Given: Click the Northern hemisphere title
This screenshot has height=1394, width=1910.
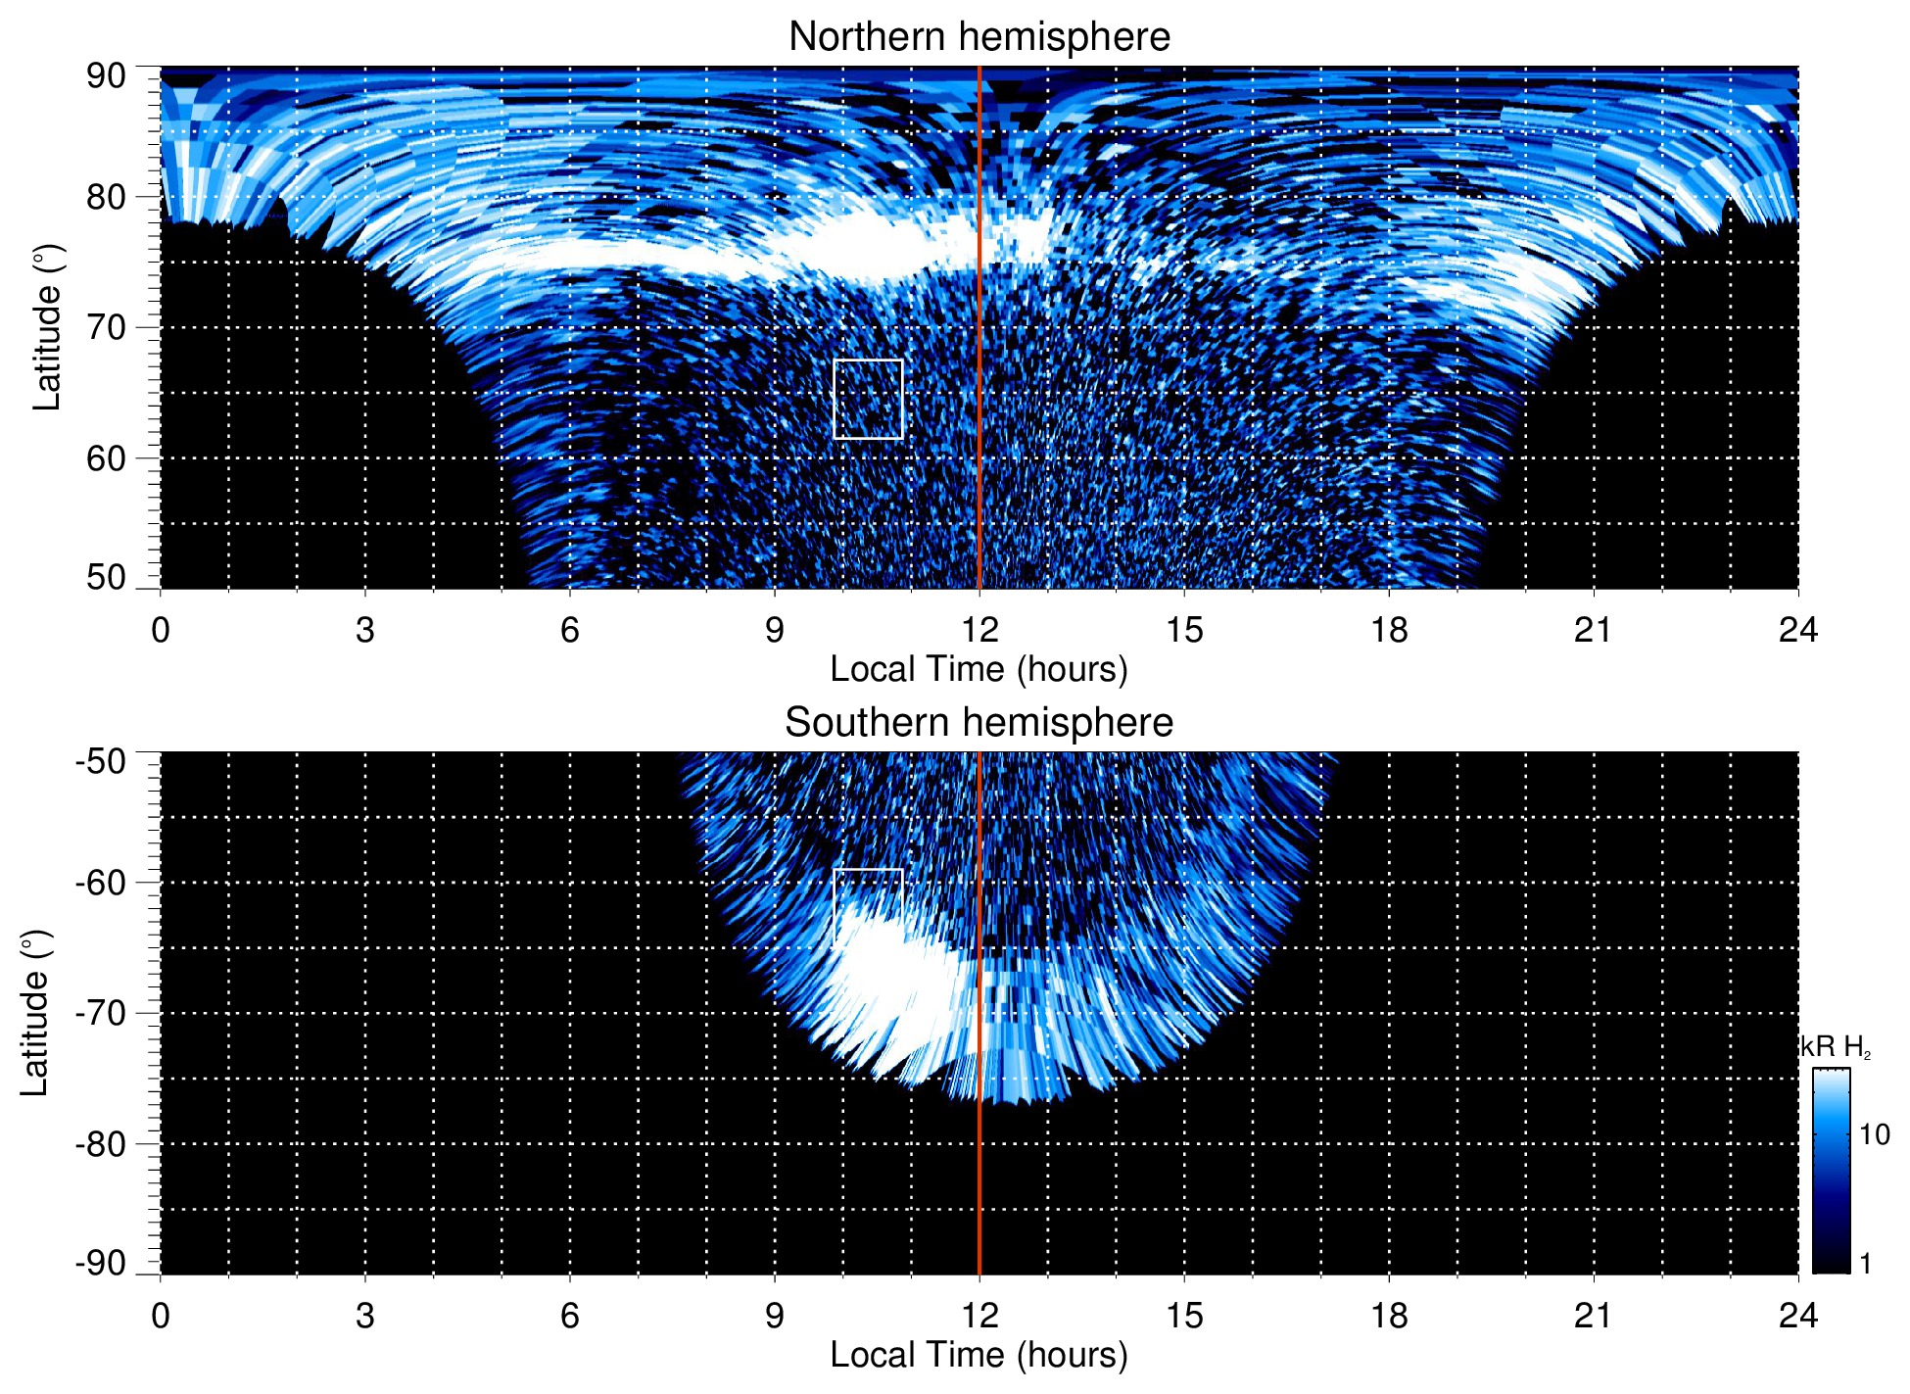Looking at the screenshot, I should coord(979,37).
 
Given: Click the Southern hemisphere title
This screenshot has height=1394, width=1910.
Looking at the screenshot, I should coord(979,723).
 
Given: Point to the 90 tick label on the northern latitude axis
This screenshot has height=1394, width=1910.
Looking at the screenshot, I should coord(106,76).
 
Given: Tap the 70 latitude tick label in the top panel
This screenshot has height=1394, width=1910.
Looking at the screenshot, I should coord(106,327).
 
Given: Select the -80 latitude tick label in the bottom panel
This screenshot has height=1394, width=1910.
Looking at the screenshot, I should coord(101,1144).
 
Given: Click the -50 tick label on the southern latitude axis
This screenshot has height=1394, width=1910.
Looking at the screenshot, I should coord(101,761).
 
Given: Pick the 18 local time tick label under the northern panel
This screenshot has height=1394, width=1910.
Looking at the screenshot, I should coord(1389,630).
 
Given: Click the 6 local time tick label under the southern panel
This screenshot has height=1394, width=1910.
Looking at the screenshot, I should coord(570,1316).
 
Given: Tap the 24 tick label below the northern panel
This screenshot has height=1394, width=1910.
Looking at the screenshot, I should coord(1797,630).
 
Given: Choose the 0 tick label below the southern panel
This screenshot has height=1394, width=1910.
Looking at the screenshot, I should coord(161,1316).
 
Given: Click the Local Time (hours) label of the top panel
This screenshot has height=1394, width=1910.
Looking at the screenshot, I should coord(979,669).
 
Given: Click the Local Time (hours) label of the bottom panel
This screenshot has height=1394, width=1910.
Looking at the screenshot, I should coord(979,1355).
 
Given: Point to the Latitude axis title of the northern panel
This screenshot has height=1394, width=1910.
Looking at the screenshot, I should coord(47,327).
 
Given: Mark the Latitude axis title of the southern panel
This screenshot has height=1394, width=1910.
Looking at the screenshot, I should coord(35,1013).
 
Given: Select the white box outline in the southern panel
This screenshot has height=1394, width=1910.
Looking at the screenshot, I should coord(868,870).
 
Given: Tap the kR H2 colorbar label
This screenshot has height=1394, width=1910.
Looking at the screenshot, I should coord(1836,1047).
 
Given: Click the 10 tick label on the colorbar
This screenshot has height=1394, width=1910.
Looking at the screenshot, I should coord(1874,1135).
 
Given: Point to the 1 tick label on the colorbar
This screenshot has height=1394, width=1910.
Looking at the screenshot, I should coord(1865,1264).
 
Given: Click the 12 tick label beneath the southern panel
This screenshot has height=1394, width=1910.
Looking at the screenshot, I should coord(979,1316).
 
